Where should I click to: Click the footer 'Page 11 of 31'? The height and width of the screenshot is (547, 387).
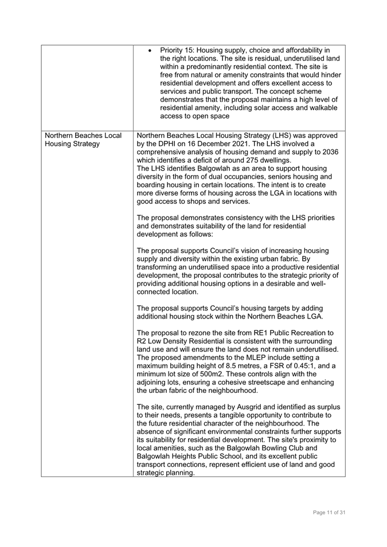329,512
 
